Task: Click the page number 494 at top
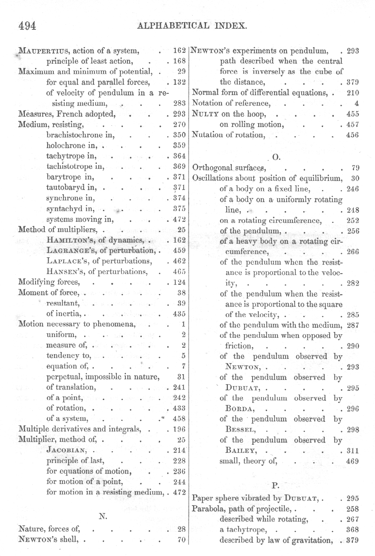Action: (x=27, y=26)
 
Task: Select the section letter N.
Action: (x=101, y=516)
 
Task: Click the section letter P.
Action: (x=275, y=486)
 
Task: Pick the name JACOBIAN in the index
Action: (x=68, y=450)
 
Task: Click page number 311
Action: (x=353, y=451)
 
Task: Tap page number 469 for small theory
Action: (x=353, y=461)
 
